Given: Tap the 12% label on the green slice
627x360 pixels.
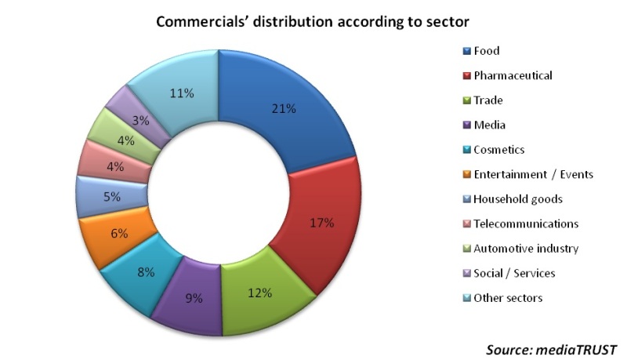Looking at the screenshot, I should [259, 293].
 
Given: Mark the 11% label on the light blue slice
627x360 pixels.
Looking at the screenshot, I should [183, 93].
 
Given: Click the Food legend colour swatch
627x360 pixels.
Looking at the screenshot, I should [466, 51].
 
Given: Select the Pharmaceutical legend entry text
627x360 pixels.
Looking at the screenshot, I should [513, 75].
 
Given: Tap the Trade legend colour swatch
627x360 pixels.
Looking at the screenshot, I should [466, 100].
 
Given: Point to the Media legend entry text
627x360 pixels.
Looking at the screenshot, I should [490, 125].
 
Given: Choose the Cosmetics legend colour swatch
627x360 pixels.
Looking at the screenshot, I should [466, 150].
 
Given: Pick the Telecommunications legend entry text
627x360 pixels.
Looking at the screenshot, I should [526, 224].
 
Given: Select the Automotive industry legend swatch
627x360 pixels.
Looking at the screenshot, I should [466, 249].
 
